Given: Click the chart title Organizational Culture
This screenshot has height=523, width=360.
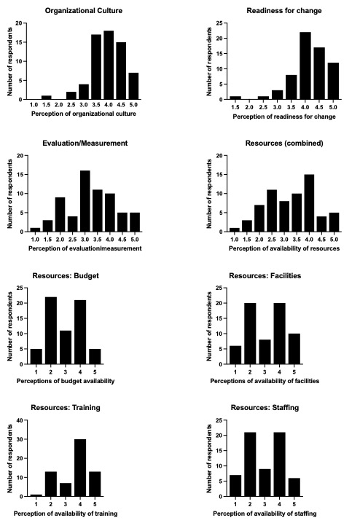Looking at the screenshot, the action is click(x=84, y=11).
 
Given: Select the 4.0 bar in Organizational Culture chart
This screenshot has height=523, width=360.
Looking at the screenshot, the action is click(x=109, y=65).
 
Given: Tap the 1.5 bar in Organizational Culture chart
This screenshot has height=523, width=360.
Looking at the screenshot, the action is click(x=47, y=98).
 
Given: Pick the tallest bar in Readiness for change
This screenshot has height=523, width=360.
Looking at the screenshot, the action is click(x=305, y=66).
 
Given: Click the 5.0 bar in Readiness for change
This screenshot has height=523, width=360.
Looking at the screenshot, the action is click(x=333, y=81).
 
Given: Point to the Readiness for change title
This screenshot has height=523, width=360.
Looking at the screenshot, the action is click(x=284, y=11).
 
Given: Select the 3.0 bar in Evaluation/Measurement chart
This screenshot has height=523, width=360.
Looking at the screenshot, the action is click(x=85, y=201).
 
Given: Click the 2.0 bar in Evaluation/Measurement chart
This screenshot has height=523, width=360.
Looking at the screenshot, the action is click(x=60, y=214).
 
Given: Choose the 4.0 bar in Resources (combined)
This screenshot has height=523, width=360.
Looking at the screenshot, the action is click(x=309, y=203).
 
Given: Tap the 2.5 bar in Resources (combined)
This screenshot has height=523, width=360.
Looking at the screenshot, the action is click(x=272, y=211).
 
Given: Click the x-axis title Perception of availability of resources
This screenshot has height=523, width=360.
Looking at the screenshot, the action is click(x=284, y=248).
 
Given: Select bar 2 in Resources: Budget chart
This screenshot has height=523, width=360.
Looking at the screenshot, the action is click(x=51, y=331).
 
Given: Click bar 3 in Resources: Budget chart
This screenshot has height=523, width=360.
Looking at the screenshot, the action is click(x=66, y=347).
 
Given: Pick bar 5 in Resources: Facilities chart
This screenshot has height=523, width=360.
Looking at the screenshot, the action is click(x=294, y=349).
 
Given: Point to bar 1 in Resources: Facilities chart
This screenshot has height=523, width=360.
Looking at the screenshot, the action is click(x=235, y=355).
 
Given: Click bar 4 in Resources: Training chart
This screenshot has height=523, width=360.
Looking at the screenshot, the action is click(x=80, y=468).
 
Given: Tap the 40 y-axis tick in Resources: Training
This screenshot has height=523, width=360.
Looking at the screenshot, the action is click(x=20, y=420).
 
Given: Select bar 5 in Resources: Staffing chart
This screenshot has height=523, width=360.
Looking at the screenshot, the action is click(x=294, y=487).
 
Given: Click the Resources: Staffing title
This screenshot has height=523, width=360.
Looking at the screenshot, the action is click(x=265, y=408).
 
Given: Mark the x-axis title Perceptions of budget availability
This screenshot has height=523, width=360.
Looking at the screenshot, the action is click(x=66, y=381).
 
